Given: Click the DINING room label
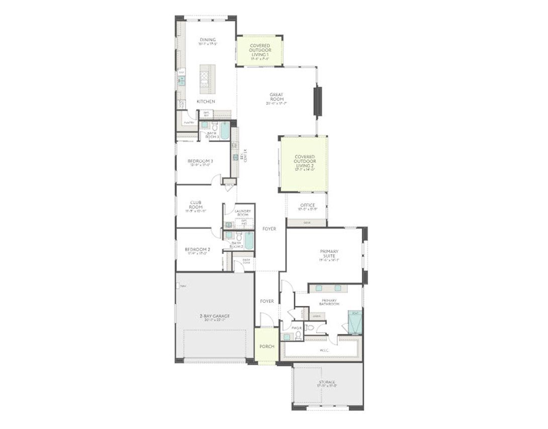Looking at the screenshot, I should pyautogui.click(x=208, y=40).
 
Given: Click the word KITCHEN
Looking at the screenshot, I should pyautogui.click(x=206, y=101).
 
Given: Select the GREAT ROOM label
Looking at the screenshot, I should pyautogui.click(x=277, y=97).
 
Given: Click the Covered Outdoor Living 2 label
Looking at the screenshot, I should pyautogui.click(x=305, y=162).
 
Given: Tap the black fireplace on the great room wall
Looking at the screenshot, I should pyautogui.click(x=317, y=102).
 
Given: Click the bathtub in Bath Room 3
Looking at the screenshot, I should pyautogui.click(x=225, y=130).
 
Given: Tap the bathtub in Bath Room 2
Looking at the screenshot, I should pyautogui.click(x=249, y=241).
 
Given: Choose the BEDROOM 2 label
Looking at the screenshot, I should pyautogui.click(x=197, y=250).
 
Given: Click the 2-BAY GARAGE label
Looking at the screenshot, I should pyautogui.click(x=214, y=316).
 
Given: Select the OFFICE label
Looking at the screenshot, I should pyautogui.click(x=307, y=205).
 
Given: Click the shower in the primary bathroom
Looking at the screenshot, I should pyautogui.click(x=355, y=323).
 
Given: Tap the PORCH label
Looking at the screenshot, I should pyautogui.click(x=266, y=347).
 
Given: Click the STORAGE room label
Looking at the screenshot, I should pyautogui.click(x=327, y=382).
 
